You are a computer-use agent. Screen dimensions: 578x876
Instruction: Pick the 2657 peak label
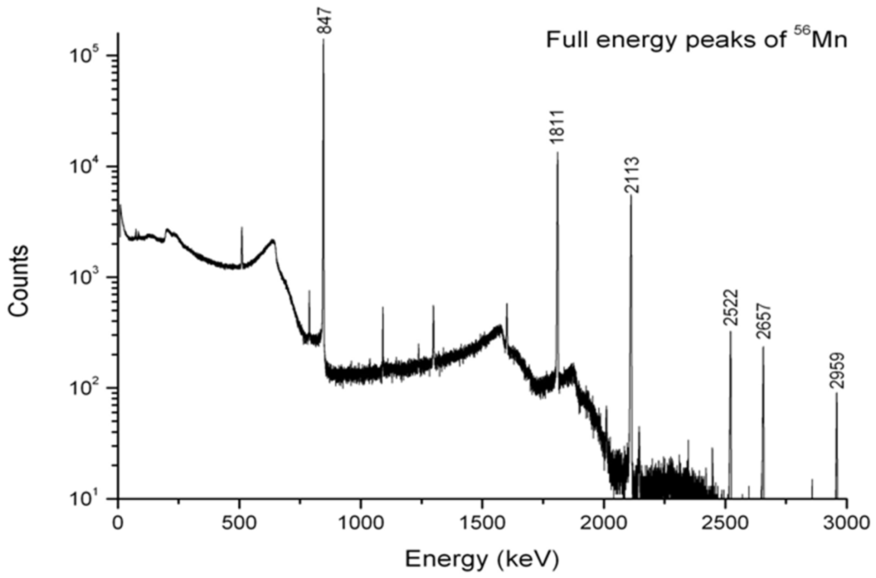(x=763, y=321)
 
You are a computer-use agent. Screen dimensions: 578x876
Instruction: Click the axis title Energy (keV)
(x=482, y=560)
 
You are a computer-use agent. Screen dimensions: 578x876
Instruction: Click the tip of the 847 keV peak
(x=323, y=40)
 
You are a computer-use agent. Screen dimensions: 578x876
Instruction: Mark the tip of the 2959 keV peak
(x=837, y=393)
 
